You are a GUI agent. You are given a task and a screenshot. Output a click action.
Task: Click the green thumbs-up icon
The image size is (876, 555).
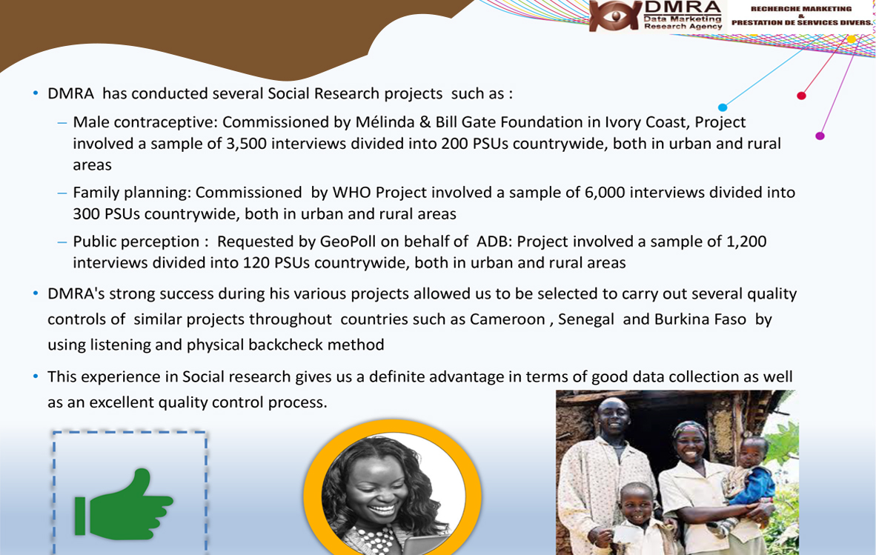(124, 505)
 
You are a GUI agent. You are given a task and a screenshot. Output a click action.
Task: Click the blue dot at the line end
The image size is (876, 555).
(723, 107)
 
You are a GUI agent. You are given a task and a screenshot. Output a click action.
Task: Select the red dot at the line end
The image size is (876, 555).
(801, 96)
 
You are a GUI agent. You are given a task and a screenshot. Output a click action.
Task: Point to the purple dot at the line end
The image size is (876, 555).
(820, 136)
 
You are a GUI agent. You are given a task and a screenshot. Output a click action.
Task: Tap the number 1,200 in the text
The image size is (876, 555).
(746, 242)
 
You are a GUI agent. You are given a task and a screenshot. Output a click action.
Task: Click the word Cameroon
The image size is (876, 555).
(507, 319)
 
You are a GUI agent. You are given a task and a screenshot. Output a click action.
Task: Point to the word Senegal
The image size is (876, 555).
(586, 319)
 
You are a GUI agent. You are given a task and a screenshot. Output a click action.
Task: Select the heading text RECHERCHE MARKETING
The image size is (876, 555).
(801, 9)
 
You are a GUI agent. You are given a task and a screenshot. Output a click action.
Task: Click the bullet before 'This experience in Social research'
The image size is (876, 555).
(36, 377)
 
